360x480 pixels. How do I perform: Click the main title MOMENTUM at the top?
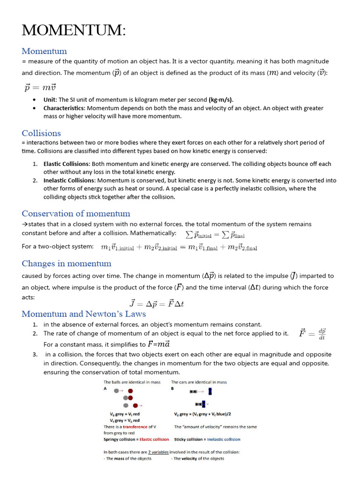(x=74, y=30)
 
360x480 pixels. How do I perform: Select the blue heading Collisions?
(x=41, y=133)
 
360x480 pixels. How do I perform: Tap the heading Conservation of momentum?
(x=76, y=213)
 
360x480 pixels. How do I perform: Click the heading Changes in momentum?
(x=67, y=263)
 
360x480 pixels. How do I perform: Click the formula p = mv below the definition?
(x=40, y=87)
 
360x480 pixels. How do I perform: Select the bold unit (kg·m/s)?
(x=221, y=99)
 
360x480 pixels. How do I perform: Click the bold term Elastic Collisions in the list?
(x=67, y=164)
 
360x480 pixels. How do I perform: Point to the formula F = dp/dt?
(x=312, y=334)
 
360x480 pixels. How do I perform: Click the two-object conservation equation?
(x=179, y=247)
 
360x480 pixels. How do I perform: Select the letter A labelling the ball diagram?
(x=105, y=389)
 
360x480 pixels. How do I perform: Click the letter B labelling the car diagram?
(x=172, y=389)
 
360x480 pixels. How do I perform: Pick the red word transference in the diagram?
(x=135, y=427)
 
